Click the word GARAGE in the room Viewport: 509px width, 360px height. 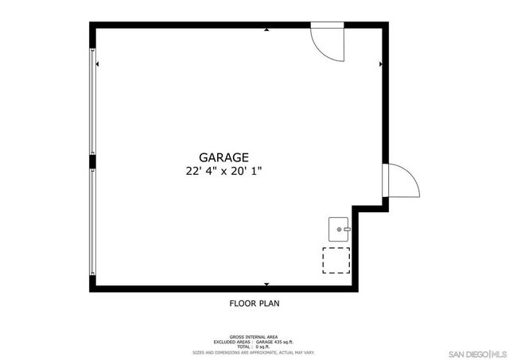click(223, 157)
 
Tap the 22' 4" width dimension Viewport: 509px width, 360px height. click(198, 171)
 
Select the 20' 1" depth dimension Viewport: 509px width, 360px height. click(247, 171)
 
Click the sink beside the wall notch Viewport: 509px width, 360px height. click(340, 229)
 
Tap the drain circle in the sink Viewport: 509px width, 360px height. click(340, 229)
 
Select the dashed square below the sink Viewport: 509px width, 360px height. click(336, 261)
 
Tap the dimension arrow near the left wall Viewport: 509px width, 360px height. click(98, 64)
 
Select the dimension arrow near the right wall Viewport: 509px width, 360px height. click(381, 64)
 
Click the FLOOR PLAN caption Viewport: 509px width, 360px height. click(254, 303)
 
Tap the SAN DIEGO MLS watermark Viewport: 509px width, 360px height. click(476, 352)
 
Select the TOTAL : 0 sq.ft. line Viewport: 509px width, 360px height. click(254, 347)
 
